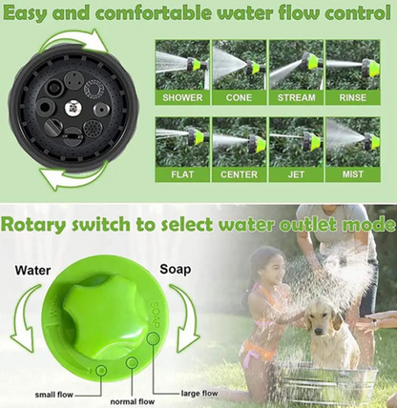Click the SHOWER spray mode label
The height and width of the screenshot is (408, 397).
click(182, 97)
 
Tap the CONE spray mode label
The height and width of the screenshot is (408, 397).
click(239, 97)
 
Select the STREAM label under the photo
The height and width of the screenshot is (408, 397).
click(296, 97)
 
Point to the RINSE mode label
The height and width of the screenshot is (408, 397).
click(352, 97)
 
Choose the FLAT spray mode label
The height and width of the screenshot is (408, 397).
click(182, 174)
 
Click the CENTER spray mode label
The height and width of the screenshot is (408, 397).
click(239, 174)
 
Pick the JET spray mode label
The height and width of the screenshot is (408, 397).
click(296, 174)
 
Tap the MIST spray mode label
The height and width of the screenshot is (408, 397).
click(352, 174)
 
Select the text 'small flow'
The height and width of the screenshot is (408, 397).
click(54, 395)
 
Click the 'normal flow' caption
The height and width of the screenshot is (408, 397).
click(133, 401)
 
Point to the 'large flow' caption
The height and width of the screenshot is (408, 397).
click(199, 394)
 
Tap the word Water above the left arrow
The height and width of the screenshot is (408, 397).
click(32, 271)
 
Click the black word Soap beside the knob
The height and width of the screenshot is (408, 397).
click(176, 269)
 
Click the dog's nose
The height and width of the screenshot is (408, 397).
click(318, 331)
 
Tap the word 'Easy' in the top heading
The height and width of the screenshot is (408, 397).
click(26, 13)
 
